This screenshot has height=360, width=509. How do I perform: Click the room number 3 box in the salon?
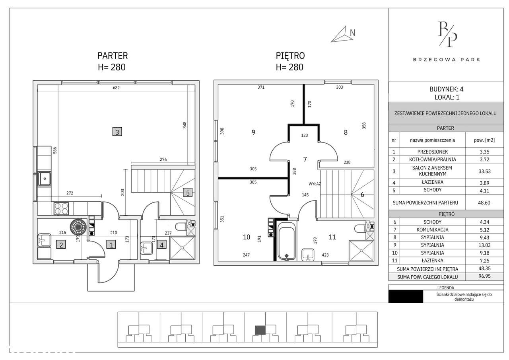(x=117, y=132)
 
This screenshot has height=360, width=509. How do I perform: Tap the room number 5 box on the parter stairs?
(x=188, y=193)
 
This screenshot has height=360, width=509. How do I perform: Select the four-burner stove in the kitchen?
(x=61, y=208)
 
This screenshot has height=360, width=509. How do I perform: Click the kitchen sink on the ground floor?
(x=44, y=179)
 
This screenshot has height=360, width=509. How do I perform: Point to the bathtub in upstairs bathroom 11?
(x=287, y=241)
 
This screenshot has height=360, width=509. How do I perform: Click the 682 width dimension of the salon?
(x=116, y=88)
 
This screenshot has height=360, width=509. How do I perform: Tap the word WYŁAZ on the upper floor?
(x=315, y=184)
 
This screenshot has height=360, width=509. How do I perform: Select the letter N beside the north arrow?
(x=352, y=33)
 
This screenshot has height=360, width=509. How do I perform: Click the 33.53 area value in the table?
(x=484, y=171)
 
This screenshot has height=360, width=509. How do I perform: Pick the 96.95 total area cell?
(x=484, y=276)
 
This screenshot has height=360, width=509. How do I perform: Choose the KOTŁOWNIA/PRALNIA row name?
(x=432, y=160)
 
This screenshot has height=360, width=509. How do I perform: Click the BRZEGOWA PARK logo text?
(x=446, y=60)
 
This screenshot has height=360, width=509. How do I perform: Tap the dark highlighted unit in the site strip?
(x=260, y=330)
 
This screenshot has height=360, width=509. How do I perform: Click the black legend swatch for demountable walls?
(x=406, y=297)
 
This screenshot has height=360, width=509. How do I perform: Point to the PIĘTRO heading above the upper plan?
(x=290, y=56)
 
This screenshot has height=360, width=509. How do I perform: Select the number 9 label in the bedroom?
(x=253, y=132)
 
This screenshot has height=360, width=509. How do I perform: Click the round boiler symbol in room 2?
(x=78, y=227)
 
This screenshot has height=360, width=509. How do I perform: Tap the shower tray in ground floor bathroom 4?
(x=182, y=248)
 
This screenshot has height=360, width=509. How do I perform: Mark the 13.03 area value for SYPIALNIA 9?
(x=484, y=245)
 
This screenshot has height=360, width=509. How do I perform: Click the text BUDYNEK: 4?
(x=446, y=89)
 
